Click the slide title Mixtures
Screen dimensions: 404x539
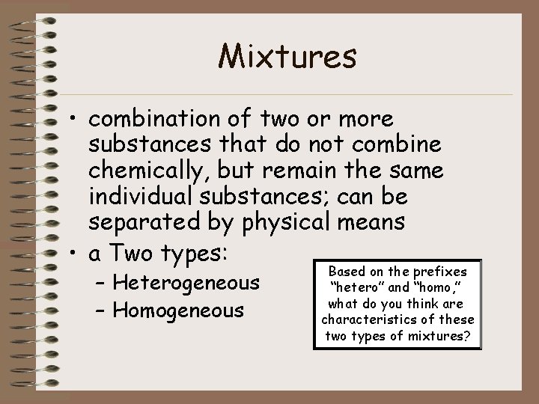point(288,55)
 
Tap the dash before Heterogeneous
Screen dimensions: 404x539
point(102,284)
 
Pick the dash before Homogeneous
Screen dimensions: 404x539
point(102,309)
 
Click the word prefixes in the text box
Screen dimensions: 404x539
point(439,271)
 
